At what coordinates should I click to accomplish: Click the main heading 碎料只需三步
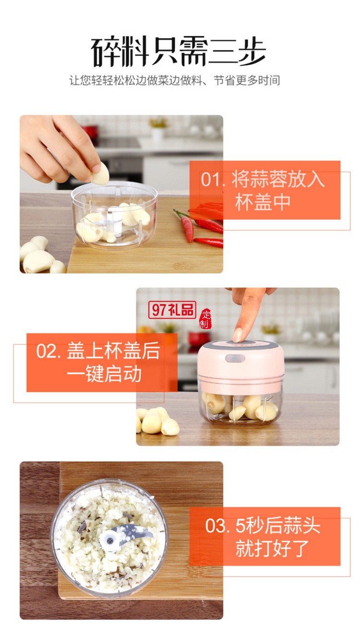pos(178,51)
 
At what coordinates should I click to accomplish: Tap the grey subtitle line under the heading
pos(174,81)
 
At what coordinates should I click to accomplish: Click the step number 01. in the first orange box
pos(213,180)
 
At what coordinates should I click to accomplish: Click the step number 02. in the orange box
pos(49,351)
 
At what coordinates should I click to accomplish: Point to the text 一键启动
pos(104,374)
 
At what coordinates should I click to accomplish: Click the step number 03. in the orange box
pos(218,526)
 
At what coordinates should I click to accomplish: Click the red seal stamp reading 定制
pos(205,319)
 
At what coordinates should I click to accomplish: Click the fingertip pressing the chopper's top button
pos(238,334)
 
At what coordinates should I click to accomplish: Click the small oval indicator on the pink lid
pos(235,358)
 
